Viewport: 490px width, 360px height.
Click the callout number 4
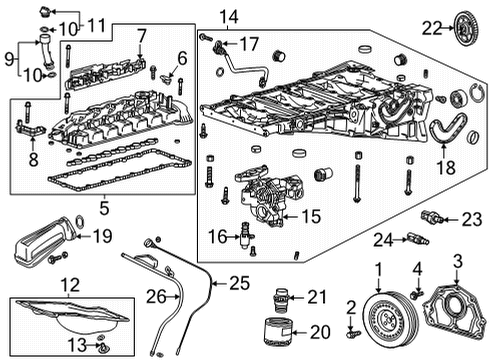(x=418, y=266)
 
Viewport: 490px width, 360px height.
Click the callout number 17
(x=248, y=44)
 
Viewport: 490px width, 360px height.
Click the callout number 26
(x=154, y=295)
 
